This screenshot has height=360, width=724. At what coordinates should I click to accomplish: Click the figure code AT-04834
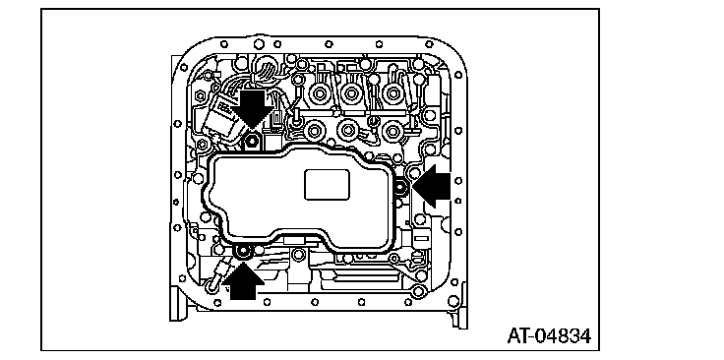coord(549,336)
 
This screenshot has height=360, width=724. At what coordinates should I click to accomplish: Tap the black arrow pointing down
coord(252,108)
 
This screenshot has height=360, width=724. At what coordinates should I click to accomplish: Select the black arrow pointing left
coord(431,187)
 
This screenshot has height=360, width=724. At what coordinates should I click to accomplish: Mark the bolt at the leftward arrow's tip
coord(400,188)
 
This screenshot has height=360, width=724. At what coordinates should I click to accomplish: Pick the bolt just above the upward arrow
coord(242,252)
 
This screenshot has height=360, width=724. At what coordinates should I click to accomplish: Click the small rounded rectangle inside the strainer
coord(327,185)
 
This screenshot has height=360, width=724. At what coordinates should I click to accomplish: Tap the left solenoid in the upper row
coord(318,94)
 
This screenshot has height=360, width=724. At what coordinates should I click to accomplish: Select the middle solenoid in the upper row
coord(351,92)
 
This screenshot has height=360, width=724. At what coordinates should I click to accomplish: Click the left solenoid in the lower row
coord(315,131)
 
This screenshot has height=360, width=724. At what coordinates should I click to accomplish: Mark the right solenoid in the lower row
coord(392,130)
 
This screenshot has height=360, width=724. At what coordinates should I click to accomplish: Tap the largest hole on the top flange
coord(259,44)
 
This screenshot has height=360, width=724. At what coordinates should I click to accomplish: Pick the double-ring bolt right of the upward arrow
coord(298,254)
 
